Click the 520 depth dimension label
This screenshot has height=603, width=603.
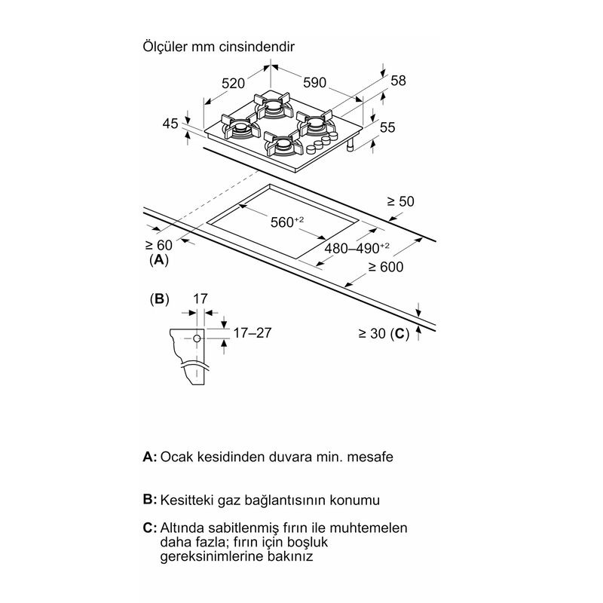pyautogui.click(x=233, y=84)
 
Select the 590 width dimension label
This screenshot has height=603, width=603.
pyautogui.click(x=314, y=83)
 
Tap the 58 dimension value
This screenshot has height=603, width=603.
pyautogui.click(x=398, y=81)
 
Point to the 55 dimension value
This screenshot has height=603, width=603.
pyautogui.click(x=387, y=127)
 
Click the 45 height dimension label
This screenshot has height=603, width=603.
pyautogui.click(x=170, y=124)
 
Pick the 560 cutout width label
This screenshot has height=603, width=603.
pyautogui.click(x=287, y=222)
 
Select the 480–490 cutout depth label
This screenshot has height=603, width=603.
pyautogui.click(x=357, y=248)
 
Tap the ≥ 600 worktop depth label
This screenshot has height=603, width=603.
pyautogui.click(x=386, y=267)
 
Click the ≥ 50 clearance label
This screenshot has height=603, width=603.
pyautogui.click(x=400, y=201)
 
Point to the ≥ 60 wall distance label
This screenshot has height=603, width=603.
pyautogui.click(x=159, y=245)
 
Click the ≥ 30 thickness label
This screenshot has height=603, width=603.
pyautogui.click(x=372, y=333)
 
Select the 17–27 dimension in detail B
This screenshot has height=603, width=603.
pyautogui.click(x=253, y=332)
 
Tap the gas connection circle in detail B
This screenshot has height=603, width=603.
pyautogui.click(x=197, y=338)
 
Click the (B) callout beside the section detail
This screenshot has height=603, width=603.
pyautogui.click(x=159, y=298)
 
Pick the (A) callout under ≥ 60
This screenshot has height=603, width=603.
pyautogui.click(x=159, y=260)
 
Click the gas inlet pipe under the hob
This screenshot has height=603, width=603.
pyautogui.click(x=350, y=145)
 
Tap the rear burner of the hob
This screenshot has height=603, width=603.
pyautogui.click(x=273, y=106)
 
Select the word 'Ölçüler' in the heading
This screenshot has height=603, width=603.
pyautogui.click(x=165, y=47)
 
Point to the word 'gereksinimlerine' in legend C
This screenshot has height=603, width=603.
pyautogui.click(x=207, y=556)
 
